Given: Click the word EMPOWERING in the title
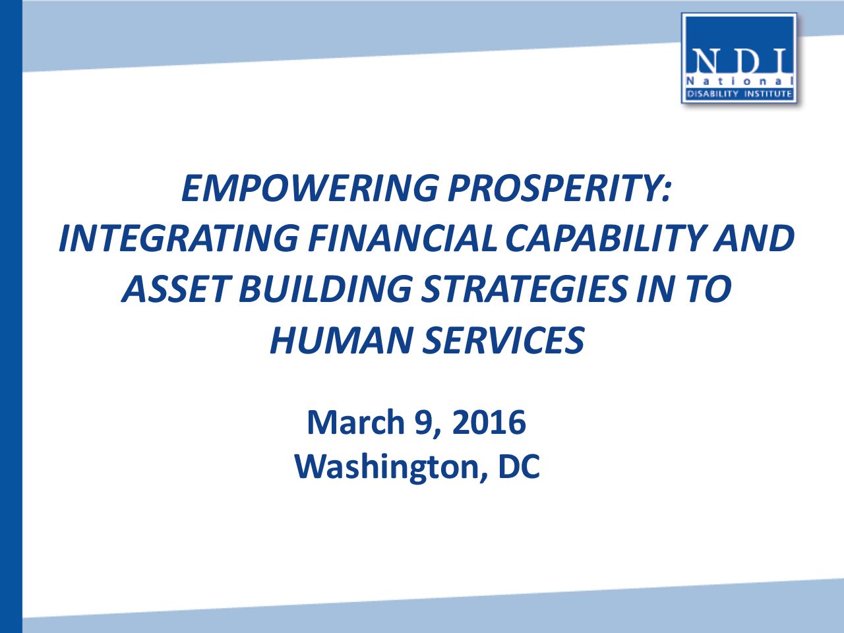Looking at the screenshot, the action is pyautogui.click(x=309, y=188).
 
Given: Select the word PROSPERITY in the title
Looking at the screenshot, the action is pyautogui.click(x=555, y=188).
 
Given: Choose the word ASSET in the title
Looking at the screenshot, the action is pyautogui.click(x=175, y=289).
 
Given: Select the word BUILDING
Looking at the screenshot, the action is pyautogui.click(x=326, y=289).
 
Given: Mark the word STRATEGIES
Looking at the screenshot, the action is pyautogui.click(x=524, y=289).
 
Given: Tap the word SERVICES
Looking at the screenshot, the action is pyautogui.click(x=503, y=340).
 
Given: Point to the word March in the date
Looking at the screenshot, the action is pyautogui.click(x=355, y=422).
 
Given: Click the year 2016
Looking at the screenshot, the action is pyautogui.click(x=489, y=422).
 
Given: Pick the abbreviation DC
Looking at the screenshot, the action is pyautogui.click(x=519, y=466).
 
